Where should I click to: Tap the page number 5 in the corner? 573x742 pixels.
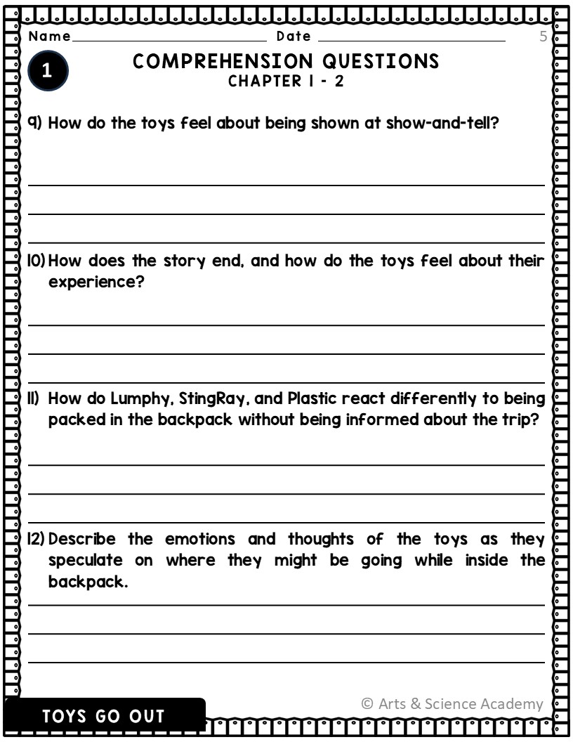(543, 37)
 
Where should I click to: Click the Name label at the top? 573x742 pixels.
(50, 37)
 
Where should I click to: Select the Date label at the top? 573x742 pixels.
(294, 37)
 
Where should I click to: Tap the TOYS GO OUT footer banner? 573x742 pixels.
(104, 717)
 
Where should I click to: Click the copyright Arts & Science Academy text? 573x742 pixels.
(452, 703)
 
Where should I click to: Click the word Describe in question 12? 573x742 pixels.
(83, 540)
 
